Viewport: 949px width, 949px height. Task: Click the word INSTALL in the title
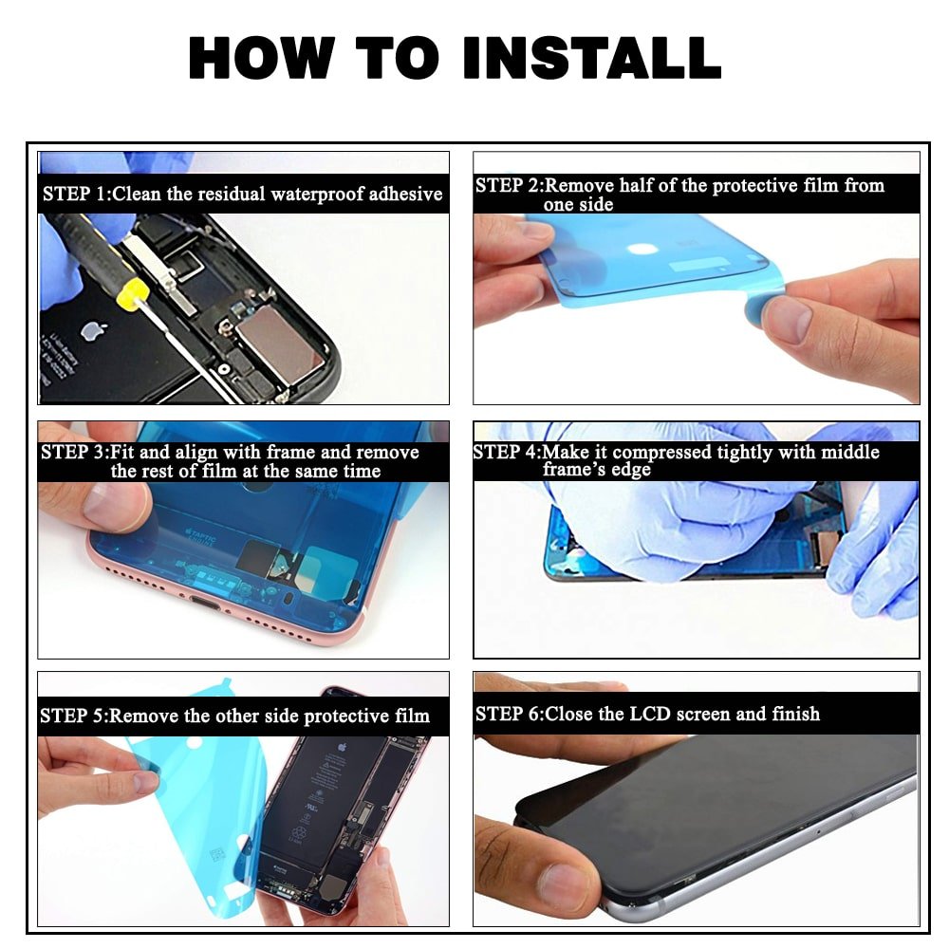[x=591, y=58]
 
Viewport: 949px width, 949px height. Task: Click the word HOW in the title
[x=262, y=58]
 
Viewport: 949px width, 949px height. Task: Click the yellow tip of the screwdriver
[x=132, y=295]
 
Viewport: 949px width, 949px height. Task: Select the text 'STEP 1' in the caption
[x=66, y=194]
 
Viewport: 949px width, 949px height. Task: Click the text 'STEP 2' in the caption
[x=500, y=185]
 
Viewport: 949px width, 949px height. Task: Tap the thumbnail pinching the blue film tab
[x=786, y=317]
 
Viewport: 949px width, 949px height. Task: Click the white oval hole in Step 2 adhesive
[x=642, y=248]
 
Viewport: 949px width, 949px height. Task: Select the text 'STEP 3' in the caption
[x=65, y=452]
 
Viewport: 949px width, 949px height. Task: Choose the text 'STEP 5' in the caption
[x=65, y=716]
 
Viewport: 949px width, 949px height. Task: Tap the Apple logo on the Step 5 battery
[x=342, y=747]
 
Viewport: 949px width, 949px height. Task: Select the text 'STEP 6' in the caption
[x=500, y=715]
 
